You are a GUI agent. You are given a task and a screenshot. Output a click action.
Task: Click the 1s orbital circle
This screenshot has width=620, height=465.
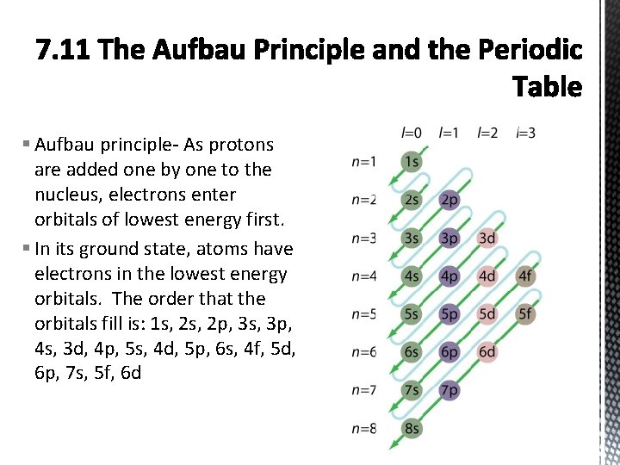coord(412,161)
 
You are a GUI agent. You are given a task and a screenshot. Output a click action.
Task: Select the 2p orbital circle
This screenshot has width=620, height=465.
coord(449,199)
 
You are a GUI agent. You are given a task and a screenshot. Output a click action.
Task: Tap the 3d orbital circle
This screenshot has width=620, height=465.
coord(487,238)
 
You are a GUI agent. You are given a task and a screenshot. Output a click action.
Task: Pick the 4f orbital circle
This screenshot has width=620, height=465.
coord(525,276)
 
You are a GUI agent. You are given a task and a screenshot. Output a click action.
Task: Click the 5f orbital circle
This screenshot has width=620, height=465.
coord(525,314)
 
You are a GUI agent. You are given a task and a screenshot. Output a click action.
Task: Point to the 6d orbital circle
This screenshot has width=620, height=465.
coord(487,352)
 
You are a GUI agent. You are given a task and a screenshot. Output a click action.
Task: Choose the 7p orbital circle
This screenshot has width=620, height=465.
coord(449,390)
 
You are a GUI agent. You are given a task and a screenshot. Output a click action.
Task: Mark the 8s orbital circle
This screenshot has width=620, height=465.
coord(412,428)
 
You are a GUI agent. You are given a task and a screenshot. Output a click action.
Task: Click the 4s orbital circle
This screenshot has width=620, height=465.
coord(412,276)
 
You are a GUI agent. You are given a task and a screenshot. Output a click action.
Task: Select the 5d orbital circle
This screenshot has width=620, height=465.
coord(487,314)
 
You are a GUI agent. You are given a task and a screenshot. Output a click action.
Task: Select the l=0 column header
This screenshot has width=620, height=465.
coord(412,133)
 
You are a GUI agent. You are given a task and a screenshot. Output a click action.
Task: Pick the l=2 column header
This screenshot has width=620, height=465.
coord(487,133)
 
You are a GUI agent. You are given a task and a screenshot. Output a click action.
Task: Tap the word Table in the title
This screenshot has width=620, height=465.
coord(547,87)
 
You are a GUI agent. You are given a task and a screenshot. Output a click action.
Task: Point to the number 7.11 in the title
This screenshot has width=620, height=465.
coord(64,51)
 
